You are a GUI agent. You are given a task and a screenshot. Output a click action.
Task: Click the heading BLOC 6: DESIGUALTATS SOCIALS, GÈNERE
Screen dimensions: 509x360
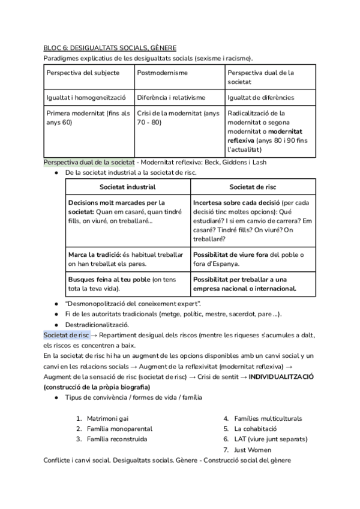point(110,47)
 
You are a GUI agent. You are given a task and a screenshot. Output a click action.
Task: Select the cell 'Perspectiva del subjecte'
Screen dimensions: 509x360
point(83,73)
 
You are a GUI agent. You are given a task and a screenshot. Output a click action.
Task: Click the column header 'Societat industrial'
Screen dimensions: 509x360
point(127,187)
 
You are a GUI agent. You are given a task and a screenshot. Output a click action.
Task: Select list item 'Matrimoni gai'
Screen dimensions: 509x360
point(107,418)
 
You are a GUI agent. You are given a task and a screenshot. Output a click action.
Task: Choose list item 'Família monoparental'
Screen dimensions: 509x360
point(119,429)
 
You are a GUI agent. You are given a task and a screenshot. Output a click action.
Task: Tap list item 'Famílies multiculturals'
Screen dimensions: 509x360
point(268,418)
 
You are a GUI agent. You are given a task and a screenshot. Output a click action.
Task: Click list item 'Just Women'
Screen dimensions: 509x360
point(253,450)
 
